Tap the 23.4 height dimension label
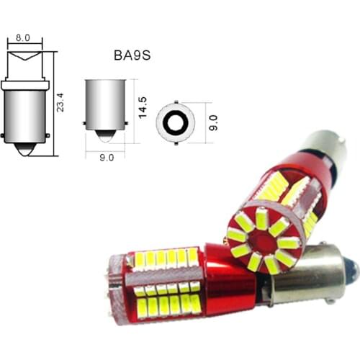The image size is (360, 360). (62, 98)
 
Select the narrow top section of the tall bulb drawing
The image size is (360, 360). (24, 64)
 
